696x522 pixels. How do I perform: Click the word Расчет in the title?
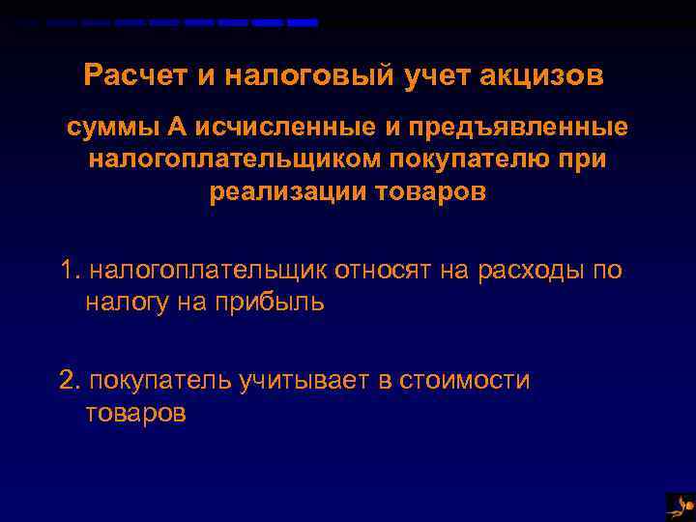[x=123, y=75]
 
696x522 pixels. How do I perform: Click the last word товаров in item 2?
[x=134, y=413]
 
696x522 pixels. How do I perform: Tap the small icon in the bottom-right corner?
[x=680, y=506]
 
